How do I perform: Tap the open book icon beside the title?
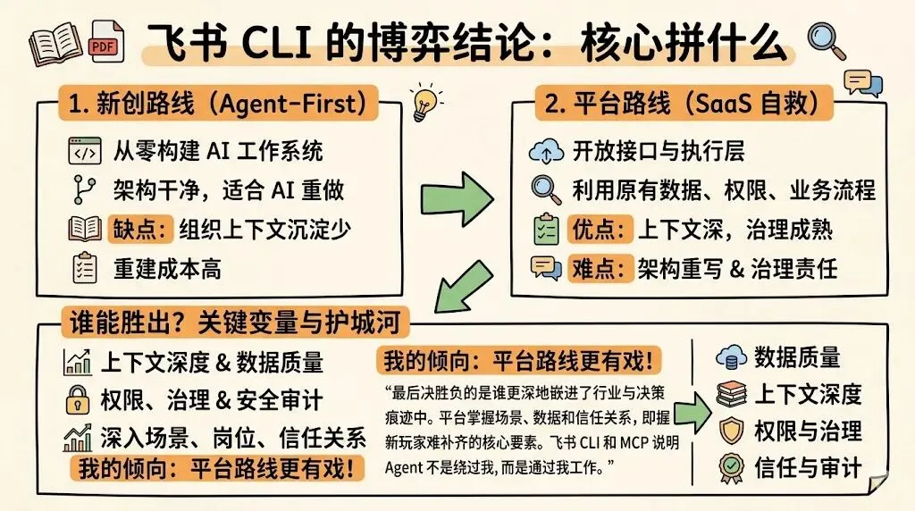[56, 42]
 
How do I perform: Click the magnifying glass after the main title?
[825, 39]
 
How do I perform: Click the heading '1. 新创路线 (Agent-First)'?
[218, 105]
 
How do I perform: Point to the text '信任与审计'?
[808, 467]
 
